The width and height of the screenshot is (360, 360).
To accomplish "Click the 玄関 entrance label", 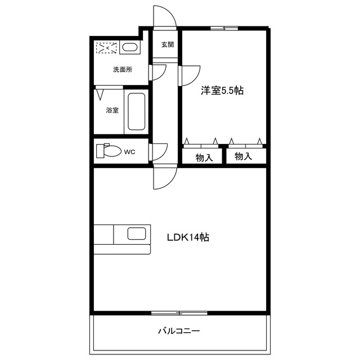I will coord(167,44).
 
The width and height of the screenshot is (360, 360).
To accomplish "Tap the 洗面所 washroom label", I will coord(123,70).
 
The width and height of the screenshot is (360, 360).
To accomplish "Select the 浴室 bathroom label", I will coord(112,110).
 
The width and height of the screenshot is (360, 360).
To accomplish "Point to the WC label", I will coord(129,151).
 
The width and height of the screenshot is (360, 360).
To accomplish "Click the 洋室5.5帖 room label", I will coord(222,90).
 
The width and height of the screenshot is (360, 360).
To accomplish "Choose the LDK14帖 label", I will coord(188,237).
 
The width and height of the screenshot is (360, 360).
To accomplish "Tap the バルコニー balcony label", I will coord(178,331).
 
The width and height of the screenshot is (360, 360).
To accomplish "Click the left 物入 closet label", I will coord(204,157).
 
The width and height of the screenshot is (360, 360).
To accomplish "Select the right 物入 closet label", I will coord(243,156).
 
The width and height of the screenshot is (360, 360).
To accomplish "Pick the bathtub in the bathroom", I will coord(136,112).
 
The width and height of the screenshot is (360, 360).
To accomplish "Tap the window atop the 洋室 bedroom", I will coord(224,28).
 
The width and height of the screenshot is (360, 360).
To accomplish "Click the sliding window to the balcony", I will coord(179,312).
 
